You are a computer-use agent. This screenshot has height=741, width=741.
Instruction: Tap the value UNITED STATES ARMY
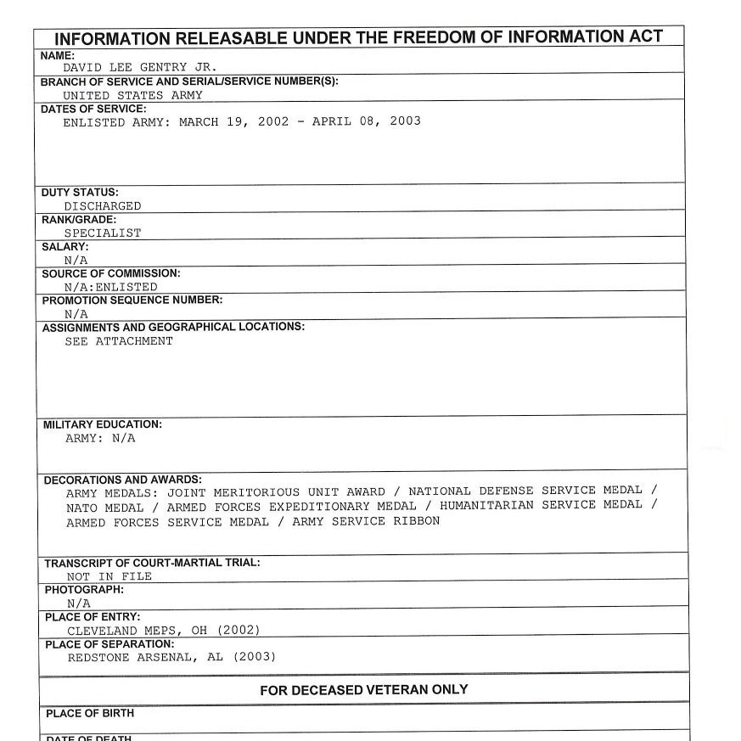(x=132, y=95)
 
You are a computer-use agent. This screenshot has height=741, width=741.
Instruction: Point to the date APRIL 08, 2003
(x=366, y=121)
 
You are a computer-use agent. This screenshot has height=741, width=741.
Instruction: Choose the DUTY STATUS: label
(x=80, y=193)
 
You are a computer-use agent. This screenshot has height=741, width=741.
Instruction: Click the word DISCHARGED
(x=103, y=206)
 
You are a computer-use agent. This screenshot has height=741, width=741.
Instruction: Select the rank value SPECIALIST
(x=103, y=233)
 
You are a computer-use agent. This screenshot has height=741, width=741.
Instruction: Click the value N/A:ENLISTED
(x=111, y=287)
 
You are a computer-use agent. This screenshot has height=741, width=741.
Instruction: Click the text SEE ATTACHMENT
(x=119, y=341)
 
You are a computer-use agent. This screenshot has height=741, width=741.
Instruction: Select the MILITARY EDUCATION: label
(x=102, y=424)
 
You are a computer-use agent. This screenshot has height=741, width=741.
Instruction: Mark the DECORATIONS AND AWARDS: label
(x=123, y=480)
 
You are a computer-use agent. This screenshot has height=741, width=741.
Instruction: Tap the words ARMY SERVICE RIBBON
(x=366, y=521)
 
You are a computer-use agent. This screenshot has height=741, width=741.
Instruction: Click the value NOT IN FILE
(x=109, y=576)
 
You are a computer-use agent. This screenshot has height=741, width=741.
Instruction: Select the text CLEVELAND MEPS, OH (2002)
(x=163, y=630)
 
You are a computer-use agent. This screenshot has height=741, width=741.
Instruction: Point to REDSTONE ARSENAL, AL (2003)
(x=171, y=657)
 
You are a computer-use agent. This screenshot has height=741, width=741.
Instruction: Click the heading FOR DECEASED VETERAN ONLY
(x=363, y=690)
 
